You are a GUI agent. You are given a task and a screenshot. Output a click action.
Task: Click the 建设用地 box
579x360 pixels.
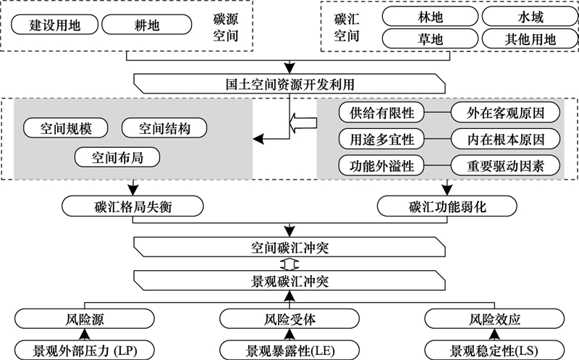pos(55,25)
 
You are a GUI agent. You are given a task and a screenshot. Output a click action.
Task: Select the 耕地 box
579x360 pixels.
pos(147,25)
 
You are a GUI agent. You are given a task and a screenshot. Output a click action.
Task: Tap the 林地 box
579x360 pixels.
pos(430,17)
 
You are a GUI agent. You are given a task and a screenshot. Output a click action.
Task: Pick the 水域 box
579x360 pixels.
pos(531,17)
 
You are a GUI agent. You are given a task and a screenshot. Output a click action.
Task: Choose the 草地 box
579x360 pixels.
pos(430,39)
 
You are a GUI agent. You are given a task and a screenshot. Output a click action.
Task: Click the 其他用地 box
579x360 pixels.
pos(531,39)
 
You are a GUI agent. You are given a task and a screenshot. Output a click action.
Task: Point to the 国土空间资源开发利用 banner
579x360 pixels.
pos(289,83)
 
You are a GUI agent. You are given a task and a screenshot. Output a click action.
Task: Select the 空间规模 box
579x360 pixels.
pos(66,128)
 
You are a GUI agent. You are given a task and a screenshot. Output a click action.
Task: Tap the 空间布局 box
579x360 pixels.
pos(117,157)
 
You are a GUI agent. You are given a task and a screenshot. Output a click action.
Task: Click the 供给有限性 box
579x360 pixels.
pos(382,112)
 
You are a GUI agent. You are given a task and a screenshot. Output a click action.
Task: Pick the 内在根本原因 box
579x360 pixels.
pos(505,139)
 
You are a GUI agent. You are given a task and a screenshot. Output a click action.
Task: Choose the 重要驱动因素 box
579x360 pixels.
pos(505,166)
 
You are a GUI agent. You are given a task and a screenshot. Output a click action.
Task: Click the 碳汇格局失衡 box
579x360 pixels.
pos(132,206)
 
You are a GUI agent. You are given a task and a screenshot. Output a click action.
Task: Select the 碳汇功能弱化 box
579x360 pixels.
pos(447,206)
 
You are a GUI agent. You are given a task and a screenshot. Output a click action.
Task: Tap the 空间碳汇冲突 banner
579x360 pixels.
pos(289,247)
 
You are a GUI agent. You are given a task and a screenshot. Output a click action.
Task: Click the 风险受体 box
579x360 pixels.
pos(289,319)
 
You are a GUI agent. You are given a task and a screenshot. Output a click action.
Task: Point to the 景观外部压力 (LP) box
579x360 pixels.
pos(85,351)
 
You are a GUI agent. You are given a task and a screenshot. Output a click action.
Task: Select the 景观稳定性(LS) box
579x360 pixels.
pos(494,351)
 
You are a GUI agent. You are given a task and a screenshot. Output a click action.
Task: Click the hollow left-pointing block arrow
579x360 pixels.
pos(303,122)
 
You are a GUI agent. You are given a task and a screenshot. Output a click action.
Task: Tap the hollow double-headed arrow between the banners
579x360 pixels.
pos(289,264)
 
